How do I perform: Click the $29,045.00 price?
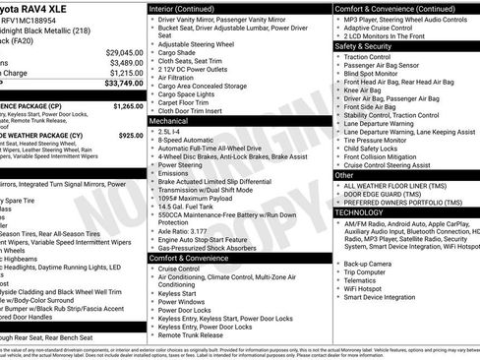(124, 51)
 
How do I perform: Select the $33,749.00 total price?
(124, 84)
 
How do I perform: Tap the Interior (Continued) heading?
(189, 8)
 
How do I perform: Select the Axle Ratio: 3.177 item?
(194, 229)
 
